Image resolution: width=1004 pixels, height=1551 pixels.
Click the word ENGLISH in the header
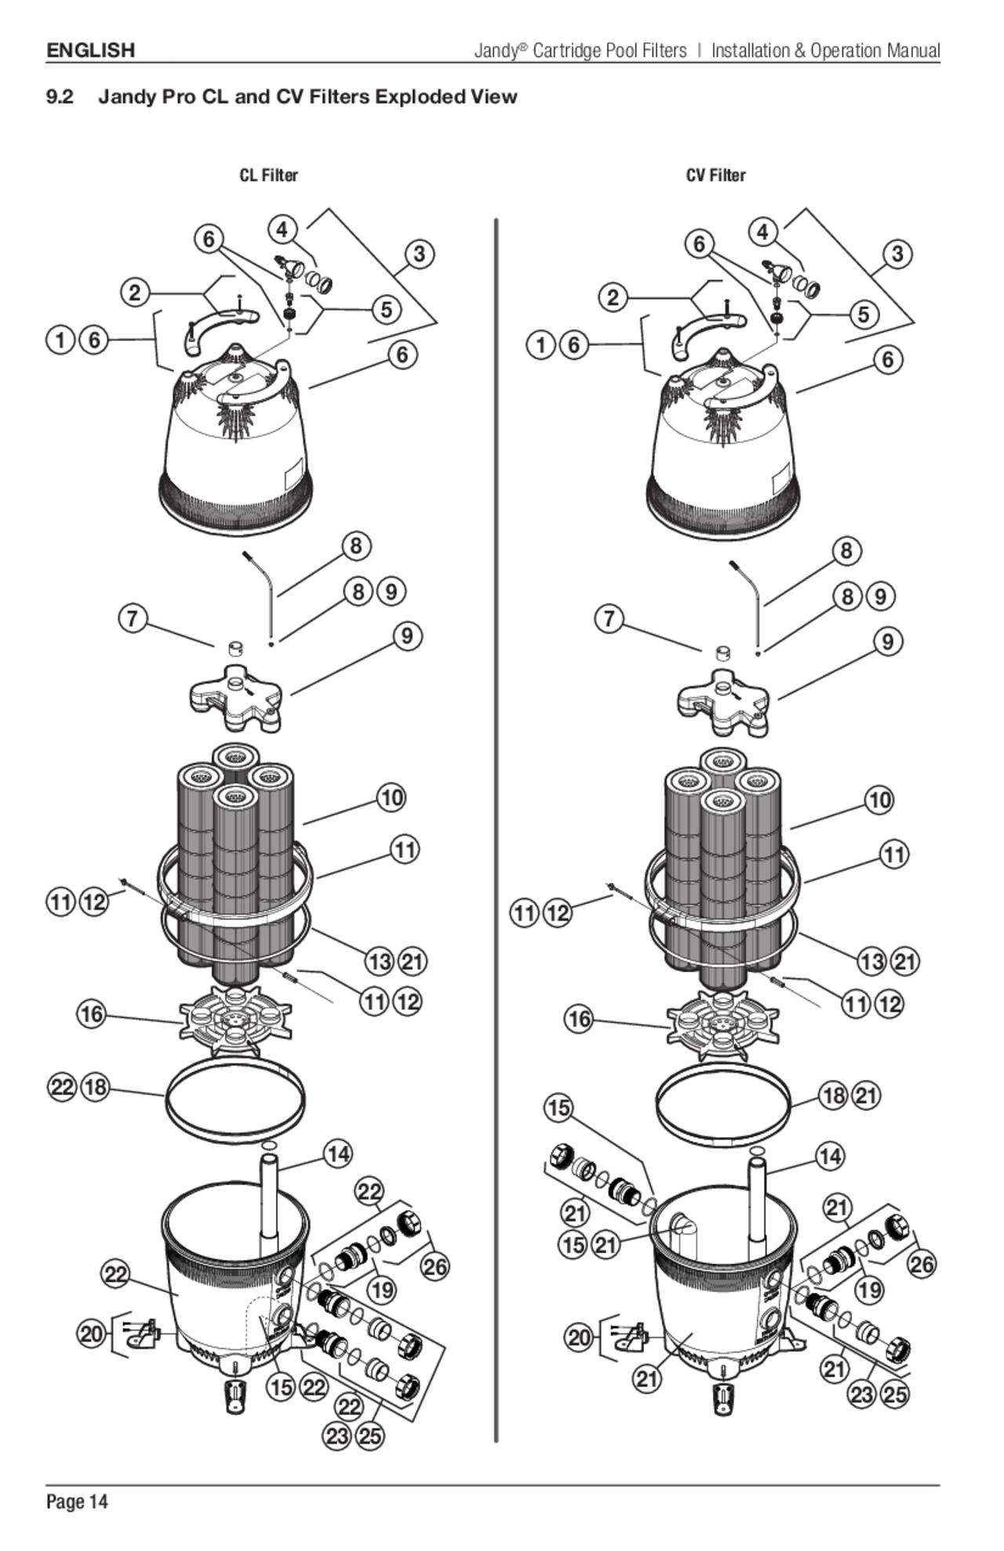[90, 51]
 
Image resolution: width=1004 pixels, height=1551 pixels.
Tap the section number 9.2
[60, 97]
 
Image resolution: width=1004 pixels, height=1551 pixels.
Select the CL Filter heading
[268, 175]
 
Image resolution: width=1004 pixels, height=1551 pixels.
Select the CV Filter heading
[715, 175]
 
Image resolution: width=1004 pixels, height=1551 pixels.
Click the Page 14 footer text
[76, 1502]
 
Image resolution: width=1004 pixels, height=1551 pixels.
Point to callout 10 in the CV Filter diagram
[879, 801]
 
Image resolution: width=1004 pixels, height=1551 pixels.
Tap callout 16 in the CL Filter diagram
[92, 1014]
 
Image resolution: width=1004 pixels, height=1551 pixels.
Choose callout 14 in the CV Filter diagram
[829, 1157]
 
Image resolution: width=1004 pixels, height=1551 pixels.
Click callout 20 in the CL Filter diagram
[92, 1333]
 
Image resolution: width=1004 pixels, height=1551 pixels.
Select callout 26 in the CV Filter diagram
[922, 1264]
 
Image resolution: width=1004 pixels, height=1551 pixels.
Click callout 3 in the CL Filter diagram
[420, 254]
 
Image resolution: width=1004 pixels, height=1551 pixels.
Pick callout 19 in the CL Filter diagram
[382, 1289]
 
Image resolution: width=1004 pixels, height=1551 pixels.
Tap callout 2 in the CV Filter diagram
[613, 298]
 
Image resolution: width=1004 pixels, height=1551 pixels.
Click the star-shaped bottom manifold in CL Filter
[235, 1019]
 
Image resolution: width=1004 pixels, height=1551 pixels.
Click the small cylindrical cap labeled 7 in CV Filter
[723, 653]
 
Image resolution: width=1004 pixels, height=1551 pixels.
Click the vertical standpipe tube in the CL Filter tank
[268, 1204]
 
